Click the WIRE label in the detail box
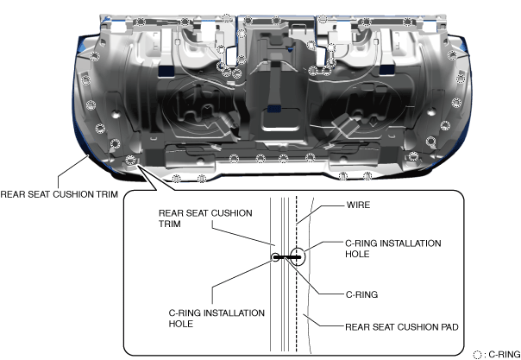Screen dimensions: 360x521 click(x=359, y=206)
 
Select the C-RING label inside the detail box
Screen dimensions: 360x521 click(x=361, y=294)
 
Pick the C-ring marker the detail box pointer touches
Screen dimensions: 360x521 click(x=131, y=158)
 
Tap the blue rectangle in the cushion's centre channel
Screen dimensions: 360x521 click(x=273, y=107)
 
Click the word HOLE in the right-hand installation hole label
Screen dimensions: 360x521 click(x=357, y=255)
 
